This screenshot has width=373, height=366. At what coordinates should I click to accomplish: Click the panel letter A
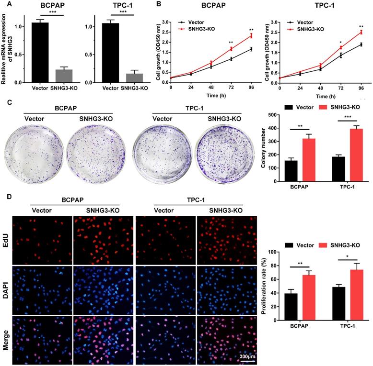(4, 4)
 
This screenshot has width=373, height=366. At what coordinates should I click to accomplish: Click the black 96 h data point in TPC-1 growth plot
(361, 44)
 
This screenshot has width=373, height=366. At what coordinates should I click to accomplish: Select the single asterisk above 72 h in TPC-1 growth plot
(341, 42)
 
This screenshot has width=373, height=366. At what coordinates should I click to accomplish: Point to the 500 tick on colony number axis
(273, 115)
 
